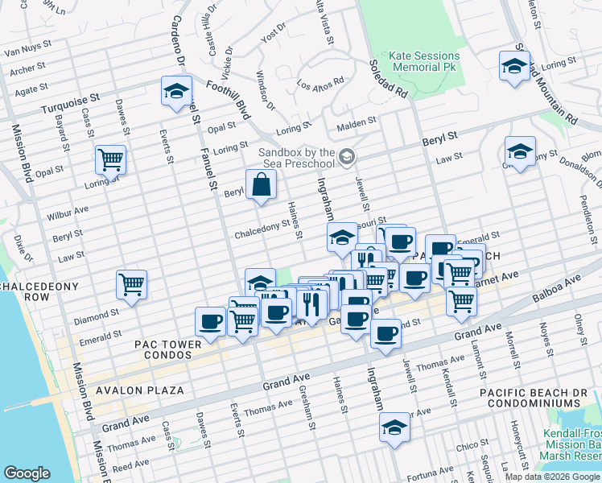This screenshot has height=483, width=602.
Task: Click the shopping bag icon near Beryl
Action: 262,185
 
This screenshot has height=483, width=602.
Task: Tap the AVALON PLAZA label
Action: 139,390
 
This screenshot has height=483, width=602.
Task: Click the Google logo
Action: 27,473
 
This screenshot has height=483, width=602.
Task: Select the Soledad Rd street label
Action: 389,79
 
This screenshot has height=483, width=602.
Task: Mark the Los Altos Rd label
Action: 320,83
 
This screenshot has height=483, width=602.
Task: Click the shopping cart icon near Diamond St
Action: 131,285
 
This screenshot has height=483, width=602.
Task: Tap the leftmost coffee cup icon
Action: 210,322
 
